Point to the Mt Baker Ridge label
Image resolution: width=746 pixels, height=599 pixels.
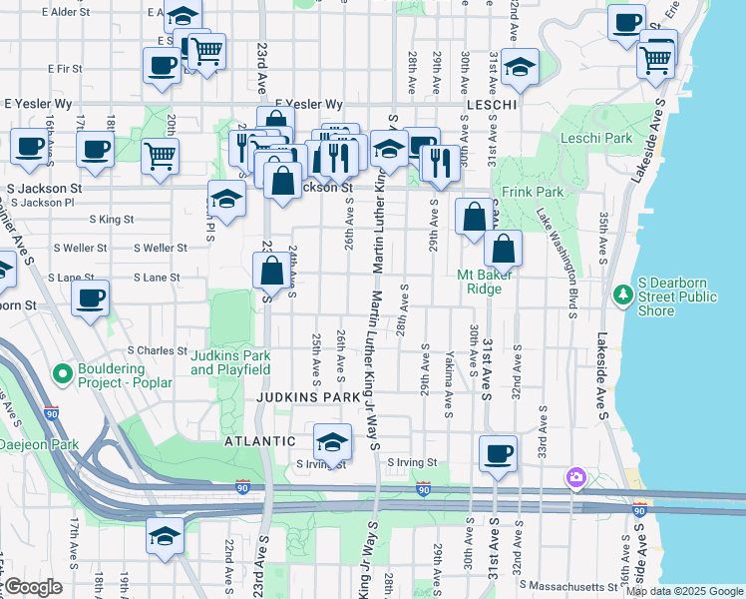485,282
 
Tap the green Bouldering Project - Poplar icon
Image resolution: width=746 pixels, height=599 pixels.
62,374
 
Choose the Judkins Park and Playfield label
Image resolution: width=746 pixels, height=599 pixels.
230,362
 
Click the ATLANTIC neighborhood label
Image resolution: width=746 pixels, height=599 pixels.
260,440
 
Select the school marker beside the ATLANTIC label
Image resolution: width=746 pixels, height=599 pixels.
332,440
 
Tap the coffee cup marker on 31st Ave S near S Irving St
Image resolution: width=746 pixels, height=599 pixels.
498,453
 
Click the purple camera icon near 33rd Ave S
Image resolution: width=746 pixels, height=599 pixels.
575,477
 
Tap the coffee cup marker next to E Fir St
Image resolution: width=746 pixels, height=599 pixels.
163,67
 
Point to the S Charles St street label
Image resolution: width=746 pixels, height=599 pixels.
158,350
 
